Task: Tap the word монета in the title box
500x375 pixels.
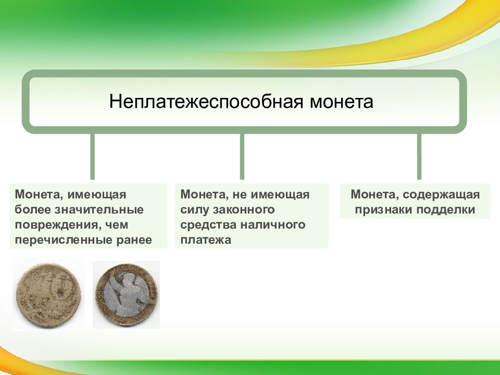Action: click(x=341, y=102)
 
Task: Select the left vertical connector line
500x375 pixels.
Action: click(x=93, y=157)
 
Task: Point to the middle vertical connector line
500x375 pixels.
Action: click(x=242, y=157)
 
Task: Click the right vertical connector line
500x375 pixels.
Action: click(x=419, y=157)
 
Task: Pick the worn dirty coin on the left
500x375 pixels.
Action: click(x=48, y=295)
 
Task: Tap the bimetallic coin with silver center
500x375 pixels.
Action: click(x=126, y=295)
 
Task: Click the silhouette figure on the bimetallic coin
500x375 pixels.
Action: click(x=125, y=295)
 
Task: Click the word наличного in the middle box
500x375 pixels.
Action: click(x=272, y=225)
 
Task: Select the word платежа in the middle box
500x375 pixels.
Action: click(x=206, y=240)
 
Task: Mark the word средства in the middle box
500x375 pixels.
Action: click(x=208, y=225)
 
